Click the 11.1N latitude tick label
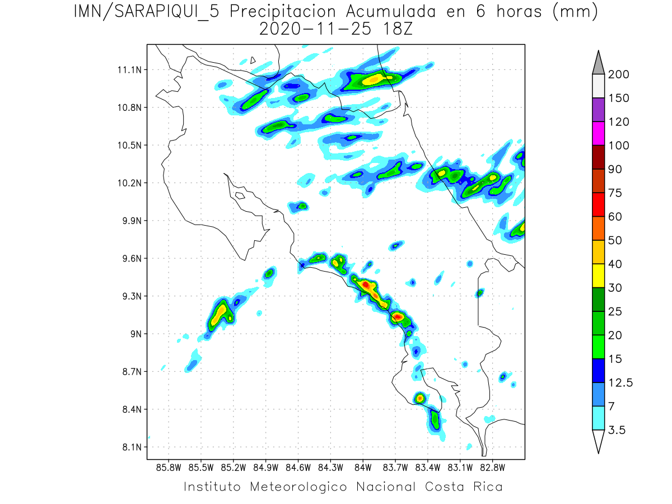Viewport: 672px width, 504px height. pyautogui.click(x=128, y=70)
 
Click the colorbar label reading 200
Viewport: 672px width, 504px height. pyautogui.click(x=618, y=74)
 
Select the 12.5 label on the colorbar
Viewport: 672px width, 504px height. pyautogui.click(x=620, y=382)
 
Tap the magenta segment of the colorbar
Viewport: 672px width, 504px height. pyautogui.click(x=598, y=133)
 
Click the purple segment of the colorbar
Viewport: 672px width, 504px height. pyautogui.click(x=598, y=110)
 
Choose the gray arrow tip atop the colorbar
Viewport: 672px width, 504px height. pyautogui.click(x=598, y=62)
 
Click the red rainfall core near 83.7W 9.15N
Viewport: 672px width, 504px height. pyautogui.click(x=397, y=317)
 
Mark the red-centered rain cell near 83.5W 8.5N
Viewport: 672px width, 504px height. pyautogui.click(x=419, y=398)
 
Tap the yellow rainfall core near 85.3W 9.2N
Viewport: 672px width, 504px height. pyautogui.click(x=221, y=310)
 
